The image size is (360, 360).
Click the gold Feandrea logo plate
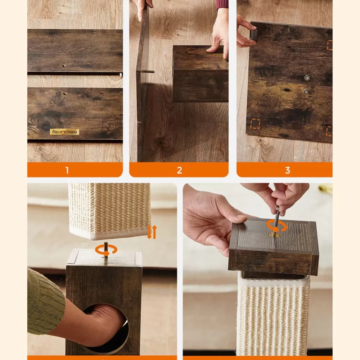pos(64,132)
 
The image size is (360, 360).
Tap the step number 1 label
pos(67,170)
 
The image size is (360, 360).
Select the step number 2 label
pos(179,170)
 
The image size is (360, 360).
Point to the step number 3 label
pos(287,170)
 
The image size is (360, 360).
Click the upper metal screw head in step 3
pos(307,78)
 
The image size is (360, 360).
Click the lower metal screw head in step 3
pos(305,92)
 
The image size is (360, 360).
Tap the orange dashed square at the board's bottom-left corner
pos(255,124)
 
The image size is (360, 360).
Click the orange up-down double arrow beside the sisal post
pos(152,232)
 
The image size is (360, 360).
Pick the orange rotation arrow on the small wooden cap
pos(276,226)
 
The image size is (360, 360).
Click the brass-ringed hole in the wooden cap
pos(274,235)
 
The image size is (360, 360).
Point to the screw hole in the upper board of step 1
pos(64,66)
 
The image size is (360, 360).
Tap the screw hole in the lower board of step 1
pos(64,94)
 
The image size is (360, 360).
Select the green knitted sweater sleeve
pos(45,303)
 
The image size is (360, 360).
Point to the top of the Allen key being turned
pos(277,208)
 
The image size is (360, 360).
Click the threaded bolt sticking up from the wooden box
pos(106,250)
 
